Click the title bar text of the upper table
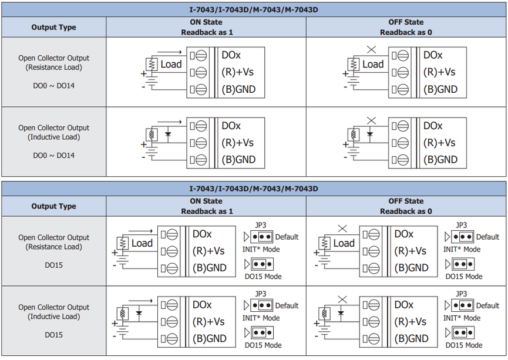point(254,10)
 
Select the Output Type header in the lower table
point(54,206)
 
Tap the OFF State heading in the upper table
point(406,22)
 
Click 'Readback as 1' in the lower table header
point(207,211)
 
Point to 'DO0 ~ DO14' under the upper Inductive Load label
point(54,155)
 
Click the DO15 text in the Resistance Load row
point(54,265)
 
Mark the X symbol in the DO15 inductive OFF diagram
point(342,300)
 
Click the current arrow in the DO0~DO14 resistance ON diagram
point(170,52)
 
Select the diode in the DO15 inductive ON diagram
point(139,313)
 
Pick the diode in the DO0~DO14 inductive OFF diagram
point(369,134)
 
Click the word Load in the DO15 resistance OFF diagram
point(344,243)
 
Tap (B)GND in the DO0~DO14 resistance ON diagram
point(239,89)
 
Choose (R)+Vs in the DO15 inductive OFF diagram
point(410,321)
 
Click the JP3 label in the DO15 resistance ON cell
point(261,225)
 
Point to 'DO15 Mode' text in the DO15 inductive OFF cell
point(464,345)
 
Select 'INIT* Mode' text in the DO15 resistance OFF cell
point(462,249)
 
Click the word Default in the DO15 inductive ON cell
point(287,305)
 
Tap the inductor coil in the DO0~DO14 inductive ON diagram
point(152,134)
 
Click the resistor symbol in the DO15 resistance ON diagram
point(123,243)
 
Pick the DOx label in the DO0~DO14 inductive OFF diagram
point(433,126)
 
